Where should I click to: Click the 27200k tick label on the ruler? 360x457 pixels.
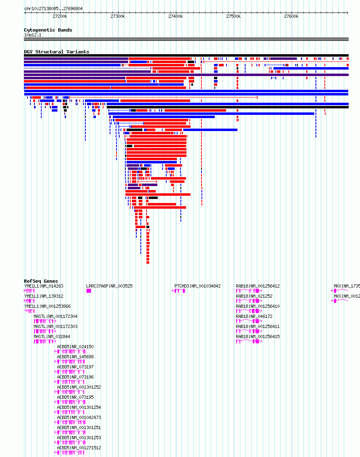tap(60, 16)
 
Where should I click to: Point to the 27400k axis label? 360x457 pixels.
tap(176, 16)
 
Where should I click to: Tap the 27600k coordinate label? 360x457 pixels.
tap(291, 16)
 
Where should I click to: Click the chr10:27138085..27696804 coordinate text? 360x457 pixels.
tap(53, 9)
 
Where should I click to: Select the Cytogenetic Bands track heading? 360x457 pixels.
tap(48, 30)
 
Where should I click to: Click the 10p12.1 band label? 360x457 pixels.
tap(33, 35)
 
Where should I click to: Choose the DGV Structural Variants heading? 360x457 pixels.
tap(57, 52)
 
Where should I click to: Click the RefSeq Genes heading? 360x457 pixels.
tap(41, 281)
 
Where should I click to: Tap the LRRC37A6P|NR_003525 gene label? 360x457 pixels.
tap(109, 286)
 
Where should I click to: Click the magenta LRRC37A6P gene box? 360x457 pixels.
tap(89, 291)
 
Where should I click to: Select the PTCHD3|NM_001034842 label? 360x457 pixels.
tap(197, 286)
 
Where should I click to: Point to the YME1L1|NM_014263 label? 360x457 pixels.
tap(44, 286)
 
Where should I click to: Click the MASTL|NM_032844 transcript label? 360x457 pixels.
tap(52, 336)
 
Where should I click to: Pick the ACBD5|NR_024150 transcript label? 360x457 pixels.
tap(75, 347)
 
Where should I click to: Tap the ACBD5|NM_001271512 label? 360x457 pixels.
tap(79, 448)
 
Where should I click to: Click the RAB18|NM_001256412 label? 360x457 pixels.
tap(258, 286)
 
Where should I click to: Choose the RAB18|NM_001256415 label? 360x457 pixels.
tap(258, 336)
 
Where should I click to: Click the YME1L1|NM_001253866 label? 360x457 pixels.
tap(47, 306)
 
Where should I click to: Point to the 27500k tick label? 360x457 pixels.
tap(233, 16)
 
